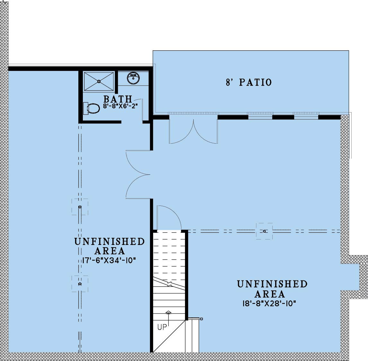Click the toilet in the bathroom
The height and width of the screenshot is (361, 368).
(x=92, y=108)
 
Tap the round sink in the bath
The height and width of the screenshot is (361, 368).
(x=133, y=78)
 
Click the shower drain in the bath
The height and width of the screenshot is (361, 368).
(x=99, y=81)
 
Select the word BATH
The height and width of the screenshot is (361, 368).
(x=118, y=99)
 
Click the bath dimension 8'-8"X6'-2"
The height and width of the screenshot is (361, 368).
(x=120, y=106)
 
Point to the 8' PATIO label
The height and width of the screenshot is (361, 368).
(x=249, y=82)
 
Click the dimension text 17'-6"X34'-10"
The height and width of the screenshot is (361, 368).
(x=109, y=260)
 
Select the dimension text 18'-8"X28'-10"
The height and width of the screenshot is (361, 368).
(x=269, y=303)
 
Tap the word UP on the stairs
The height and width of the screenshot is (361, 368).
(x=162, y=327)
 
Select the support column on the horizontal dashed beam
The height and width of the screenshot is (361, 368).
(x=264, y=231)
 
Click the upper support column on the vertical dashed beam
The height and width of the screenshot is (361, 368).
(x=80, y=207)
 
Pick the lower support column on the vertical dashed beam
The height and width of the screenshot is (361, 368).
(x=80, y=284)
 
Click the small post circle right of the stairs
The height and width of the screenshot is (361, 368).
(x=201, y=319)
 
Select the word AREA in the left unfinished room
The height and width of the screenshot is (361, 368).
(x=110, y=251)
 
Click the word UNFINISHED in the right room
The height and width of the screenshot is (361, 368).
(x=272, y=284)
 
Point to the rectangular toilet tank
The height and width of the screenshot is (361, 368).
(x=86, y=108)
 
